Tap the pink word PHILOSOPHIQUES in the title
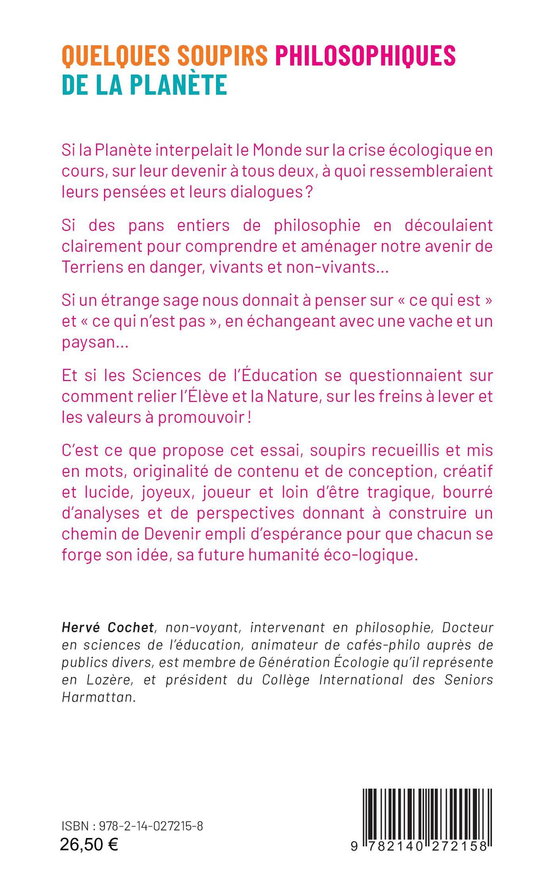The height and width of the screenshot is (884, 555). (x=365, y=55)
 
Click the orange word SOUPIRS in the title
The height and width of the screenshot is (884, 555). (x=222, y=55)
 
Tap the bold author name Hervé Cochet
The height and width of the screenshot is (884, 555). (x=108, y=627)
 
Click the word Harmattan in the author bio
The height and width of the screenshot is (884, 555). (x=99, y=697)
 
